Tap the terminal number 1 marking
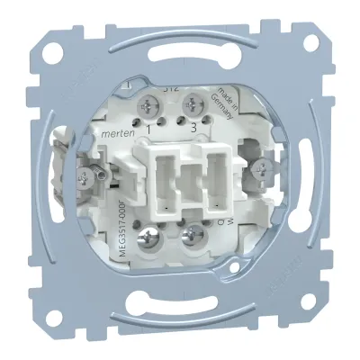tap(148, 131)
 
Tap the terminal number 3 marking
tap(193, 131)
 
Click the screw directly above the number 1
tap(146, 108)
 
